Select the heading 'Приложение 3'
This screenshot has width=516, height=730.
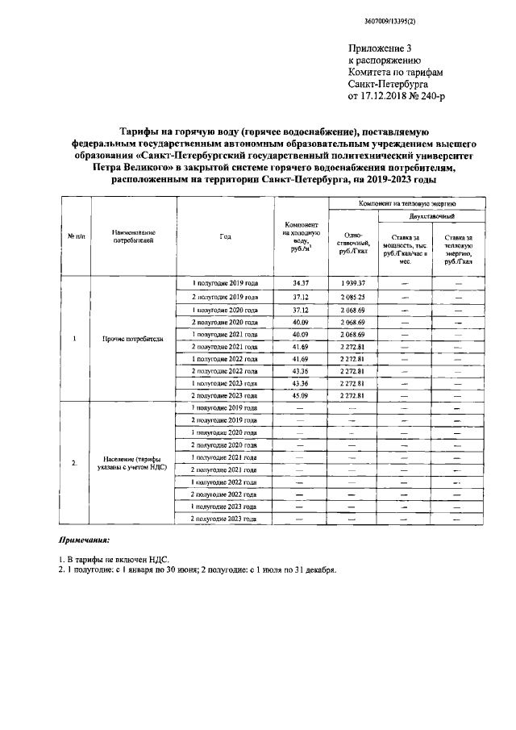click(x=377, y=48)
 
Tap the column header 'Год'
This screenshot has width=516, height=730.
click(x=224, y=236)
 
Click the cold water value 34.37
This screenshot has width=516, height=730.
click(x=301, y=284)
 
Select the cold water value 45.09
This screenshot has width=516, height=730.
click(x=301, y=396)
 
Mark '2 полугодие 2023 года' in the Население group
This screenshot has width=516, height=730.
click(x=224, y=519)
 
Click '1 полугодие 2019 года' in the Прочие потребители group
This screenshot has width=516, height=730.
click(x=224, y=284)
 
